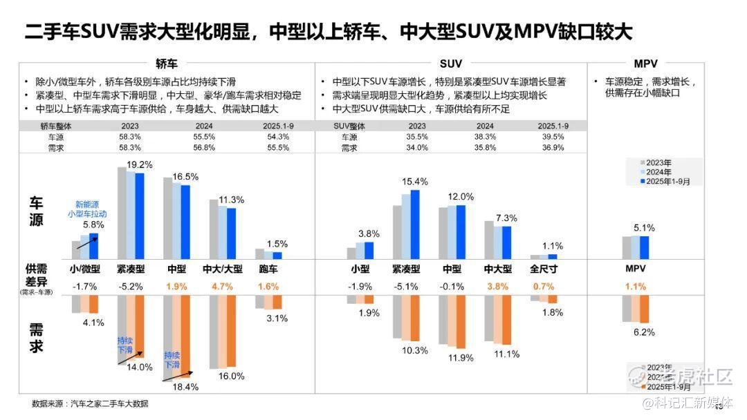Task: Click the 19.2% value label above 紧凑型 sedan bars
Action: tap(138, 166)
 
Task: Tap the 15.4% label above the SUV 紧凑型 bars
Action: tap(415, 182)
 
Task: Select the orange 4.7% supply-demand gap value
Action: tap(222, 286)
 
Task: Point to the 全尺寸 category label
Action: tap(544, 269)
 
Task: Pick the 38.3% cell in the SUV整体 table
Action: tap(485, 137)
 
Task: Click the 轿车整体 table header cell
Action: tap(56, 126)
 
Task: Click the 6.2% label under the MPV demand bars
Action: tap(643, 332)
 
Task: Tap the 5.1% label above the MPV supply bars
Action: tap(643, 227)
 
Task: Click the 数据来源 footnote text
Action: tap(90, 403)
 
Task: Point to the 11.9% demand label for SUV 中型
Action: tap(461, 358)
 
